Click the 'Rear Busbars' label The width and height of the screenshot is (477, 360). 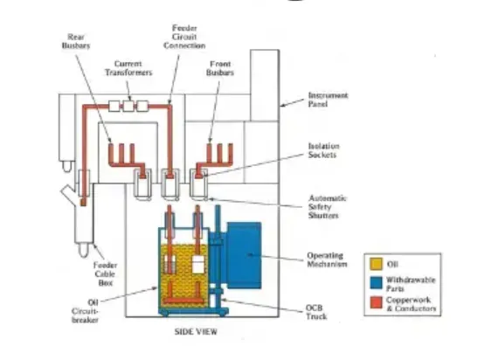point(76,41)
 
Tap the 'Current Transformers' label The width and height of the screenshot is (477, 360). point(128,68)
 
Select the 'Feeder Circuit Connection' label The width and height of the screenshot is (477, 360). point(184,37)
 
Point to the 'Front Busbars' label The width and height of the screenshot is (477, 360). point(220,68)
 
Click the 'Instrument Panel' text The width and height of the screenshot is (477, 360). point(328,100)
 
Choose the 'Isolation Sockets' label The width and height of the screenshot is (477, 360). point(323,150)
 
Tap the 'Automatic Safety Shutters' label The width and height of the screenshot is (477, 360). point(328,207)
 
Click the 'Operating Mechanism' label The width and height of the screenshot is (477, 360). point(327,260)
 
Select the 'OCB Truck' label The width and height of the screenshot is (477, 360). point(316,312)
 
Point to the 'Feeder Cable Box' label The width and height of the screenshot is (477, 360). point(105,273)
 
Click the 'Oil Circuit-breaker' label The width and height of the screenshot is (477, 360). point(86,311)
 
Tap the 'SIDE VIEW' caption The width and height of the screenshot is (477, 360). point(196,332)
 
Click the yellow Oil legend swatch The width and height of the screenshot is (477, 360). point(376,264)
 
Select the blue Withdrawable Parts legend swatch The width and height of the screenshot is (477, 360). point(376,283)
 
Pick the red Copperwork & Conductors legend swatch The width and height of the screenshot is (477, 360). point(376,303)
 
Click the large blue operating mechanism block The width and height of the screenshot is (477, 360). point(244,255)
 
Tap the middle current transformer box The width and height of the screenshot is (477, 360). point(128,107)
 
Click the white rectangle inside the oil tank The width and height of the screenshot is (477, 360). point(198,265)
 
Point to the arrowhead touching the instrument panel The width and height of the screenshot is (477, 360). point(282,106)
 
